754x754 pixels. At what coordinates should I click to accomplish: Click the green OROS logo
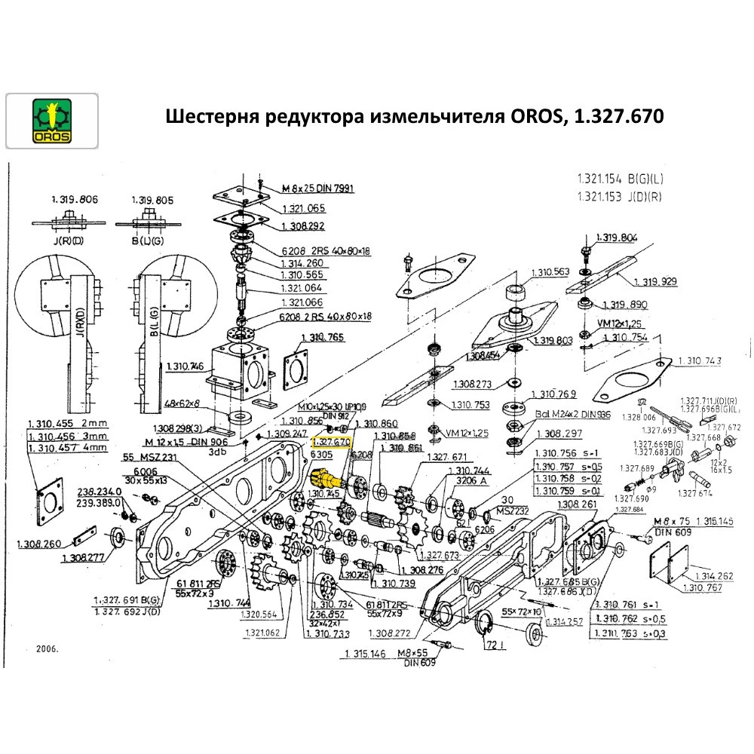tap(51, 121)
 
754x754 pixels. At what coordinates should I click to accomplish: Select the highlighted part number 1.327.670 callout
tap(332, 441)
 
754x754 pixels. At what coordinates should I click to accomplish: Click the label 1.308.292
tap(303, 226)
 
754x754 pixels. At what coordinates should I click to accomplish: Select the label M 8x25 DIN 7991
tap(317, 188)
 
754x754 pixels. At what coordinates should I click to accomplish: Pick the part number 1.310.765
tap(323, 337)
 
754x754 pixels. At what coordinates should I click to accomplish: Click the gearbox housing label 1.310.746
tap(183, 366)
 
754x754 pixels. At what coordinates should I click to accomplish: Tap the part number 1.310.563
tap(552, 272)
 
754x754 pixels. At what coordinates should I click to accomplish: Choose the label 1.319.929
tap(654, 281)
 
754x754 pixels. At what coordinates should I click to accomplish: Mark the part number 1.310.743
tap(700, 361)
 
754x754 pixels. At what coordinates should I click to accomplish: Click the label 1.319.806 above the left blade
tap(75, 200)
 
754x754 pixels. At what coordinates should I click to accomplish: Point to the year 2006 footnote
tap(47, 648)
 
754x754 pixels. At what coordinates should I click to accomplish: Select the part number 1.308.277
tap(83, 558)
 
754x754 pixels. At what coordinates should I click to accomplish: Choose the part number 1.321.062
tap(262, 633)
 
